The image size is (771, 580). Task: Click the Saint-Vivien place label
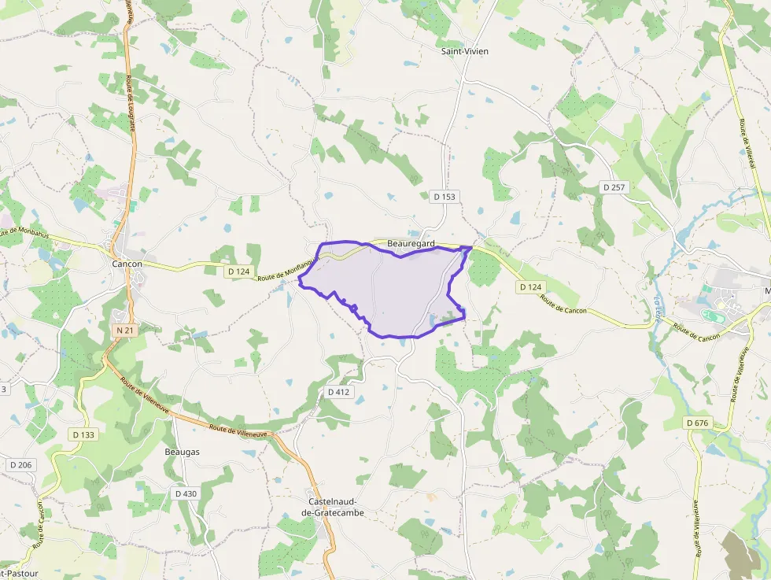[464, 51]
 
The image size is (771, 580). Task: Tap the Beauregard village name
[411, 244]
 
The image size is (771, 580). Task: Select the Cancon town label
[127, 264]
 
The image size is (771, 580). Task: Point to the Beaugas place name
[182, 452]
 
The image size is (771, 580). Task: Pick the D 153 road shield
[444, 196]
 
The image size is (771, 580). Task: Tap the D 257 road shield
[616, 187]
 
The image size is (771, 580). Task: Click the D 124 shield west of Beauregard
[238, 272]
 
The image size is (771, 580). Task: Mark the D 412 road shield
[338, 391]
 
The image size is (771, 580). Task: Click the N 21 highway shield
[124, 331]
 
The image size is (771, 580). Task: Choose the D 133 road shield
[83, 434]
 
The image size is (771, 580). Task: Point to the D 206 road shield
[20, 465]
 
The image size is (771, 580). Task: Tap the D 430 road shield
[186, 493]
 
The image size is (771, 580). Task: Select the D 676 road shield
[697, 423]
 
